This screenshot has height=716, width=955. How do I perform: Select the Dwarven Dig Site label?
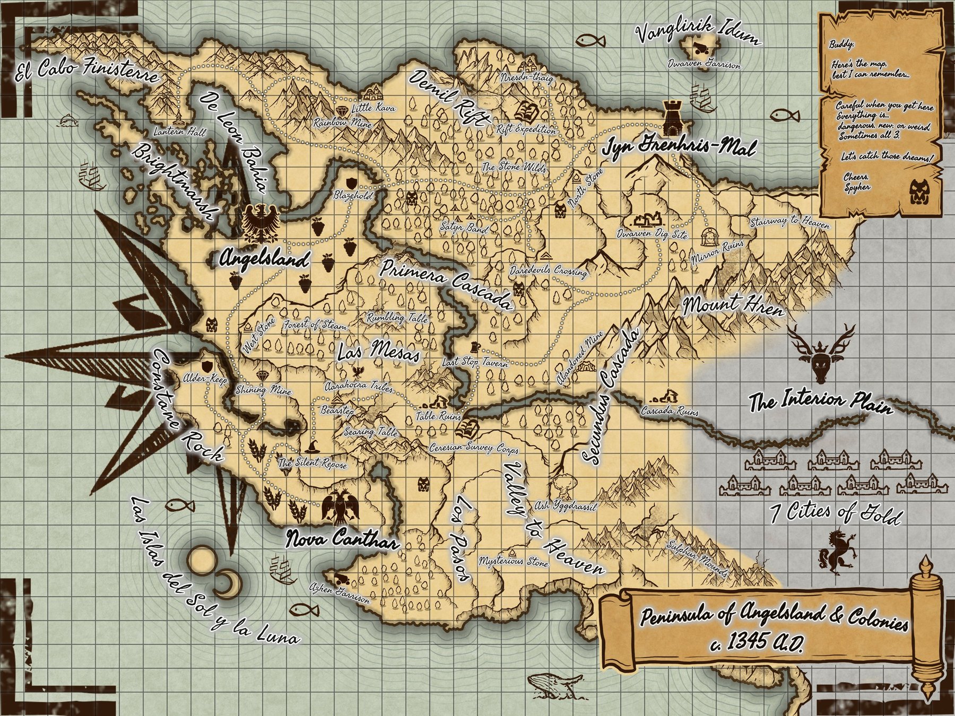(652, 233)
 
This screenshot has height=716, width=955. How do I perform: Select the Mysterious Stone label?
(513, 562)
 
